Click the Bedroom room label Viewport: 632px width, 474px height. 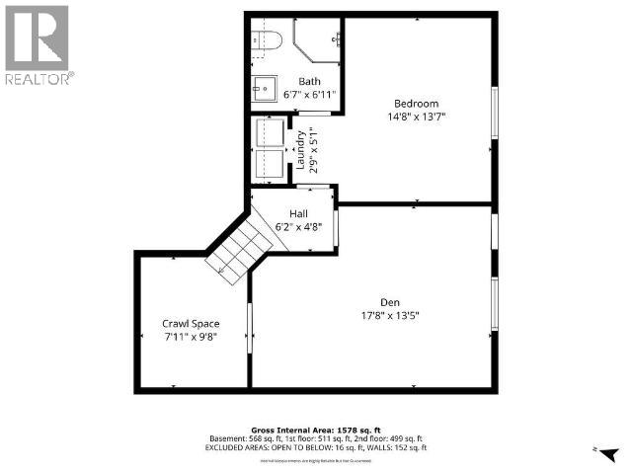(x=416, y=103)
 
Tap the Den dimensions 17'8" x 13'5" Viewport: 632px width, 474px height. (x=389, y=316)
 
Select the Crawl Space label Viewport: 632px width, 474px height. (x=191, y=323)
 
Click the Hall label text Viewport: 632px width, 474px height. (x=299, y=213)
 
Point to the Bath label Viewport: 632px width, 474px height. (x=309, y=81)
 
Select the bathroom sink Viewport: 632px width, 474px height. (x=263, y=87)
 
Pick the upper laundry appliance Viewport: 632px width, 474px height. (x=269, y=132)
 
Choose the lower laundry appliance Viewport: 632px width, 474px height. (x=269, y=163)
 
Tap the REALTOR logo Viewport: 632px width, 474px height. (x=37, y=44)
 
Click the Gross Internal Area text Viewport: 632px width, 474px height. (x=316, y=430)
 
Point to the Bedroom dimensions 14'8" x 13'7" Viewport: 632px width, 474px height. (x=416, y=117)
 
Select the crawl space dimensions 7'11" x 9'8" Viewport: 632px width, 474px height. (x=191, y=336)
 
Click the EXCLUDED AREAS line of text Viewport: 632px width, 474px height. (x=316, y=448)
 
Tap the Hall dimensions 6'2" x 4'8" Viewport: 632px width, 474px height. (x=299, y=226)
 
